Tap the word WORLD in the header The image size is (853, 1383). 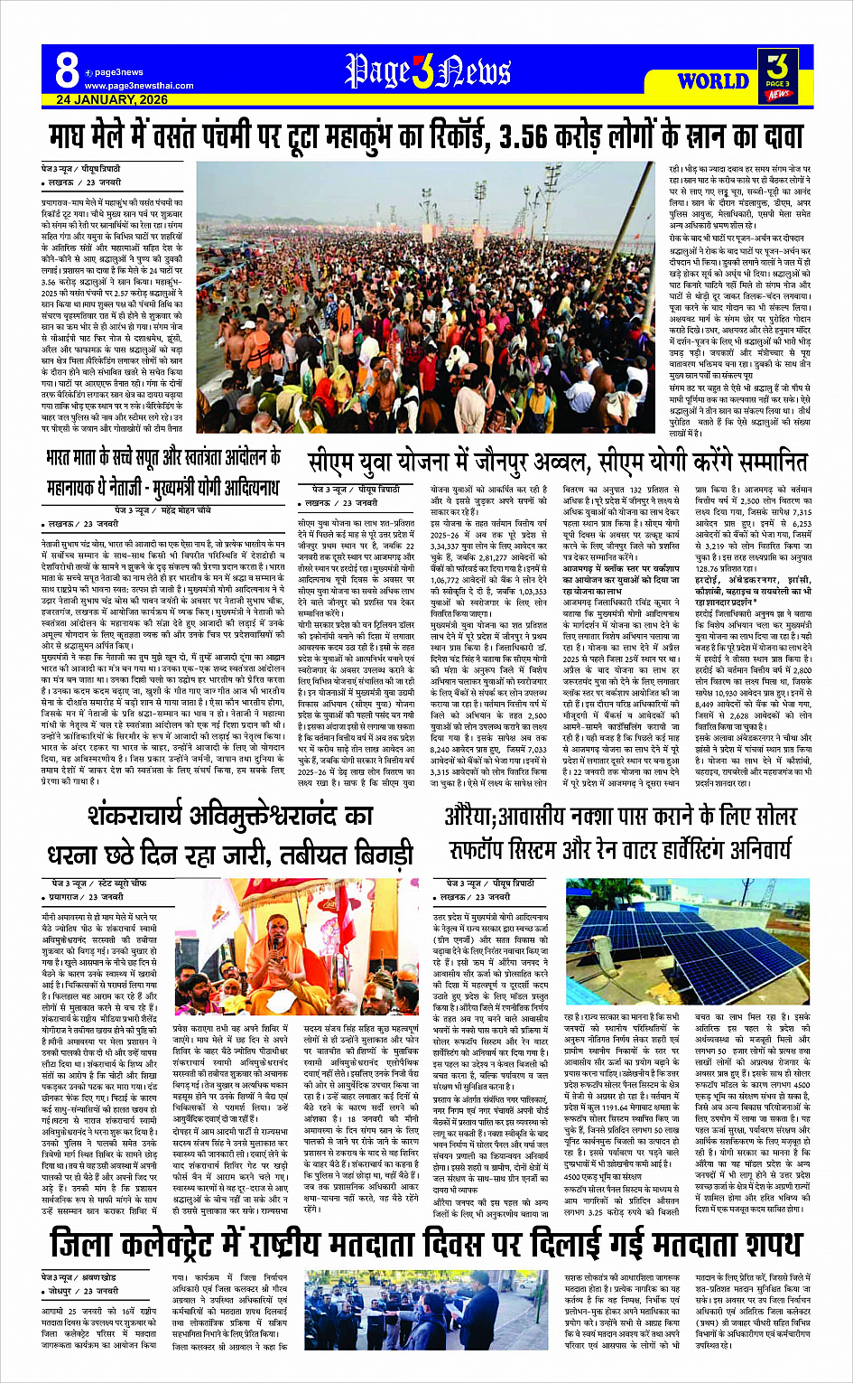(712, 81)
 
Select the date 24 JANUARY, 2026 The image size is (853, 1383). (112, 99)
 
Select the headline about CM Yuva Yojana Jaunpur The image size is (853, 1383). (557, 463)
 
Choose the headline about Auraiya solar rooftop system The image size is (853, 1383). (620, 836)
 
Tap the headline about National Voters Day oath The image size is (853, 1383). (426, 1245)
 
